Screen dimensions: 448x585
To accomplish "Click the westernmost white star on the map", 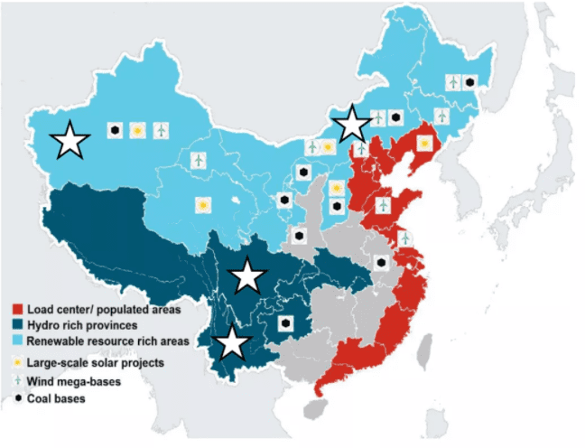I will click(x=70, y=140).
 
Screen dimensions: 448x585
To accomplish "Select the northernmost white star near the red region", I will click(x=352, y=124).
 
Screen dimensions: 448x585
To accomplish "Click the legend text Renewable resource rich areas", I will click(x=107, y=341).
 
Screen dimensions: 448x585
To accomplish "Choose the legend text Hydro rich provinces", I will click(x=84, y=325).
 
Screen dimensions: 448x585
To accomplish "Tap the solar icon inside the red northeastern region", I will click(x=424, y=143).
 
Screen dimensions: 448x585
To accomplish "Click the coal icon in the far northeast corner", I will click(x=469, y=83).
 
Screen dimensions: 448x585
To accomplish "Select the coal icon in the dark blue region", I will click(x=286, y=322).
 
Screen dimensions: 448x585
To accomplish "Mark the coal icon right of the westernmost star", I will click(x=116, y=131).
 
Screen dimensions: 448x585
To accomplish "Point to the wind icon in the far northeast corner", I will click(x=453, y=83).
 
